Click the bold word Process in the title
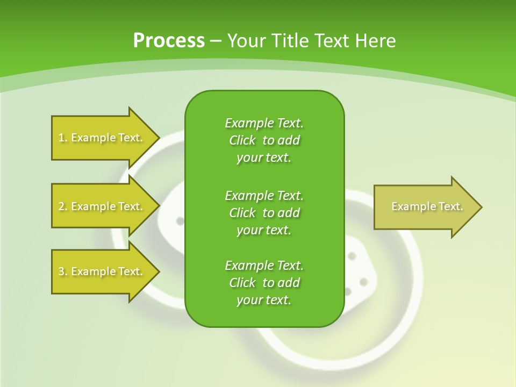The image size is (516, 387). [x=169, y=40]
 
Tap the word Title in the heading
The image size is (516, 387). [x=289, y=40]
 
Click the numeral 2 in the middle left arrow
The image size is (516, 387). [x=61, y=206]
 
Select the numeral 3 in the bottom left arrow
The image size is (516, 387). [x=61, y=271]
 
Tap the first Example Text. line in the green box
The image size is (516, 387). [x=264, y=123]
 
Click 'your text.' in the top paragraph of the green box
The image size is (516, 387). [x=264, y=157]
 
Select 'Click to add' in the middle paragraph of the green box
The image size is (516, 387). [x=264, y=213]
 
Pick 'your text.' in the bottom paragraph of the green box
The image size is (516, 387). [x=264, y=300]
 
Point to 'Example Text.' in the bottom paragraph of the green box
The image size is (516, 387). [x=264, y=266]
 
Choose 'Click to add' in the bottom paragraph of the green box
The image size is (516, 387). [x=264, y=283]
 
